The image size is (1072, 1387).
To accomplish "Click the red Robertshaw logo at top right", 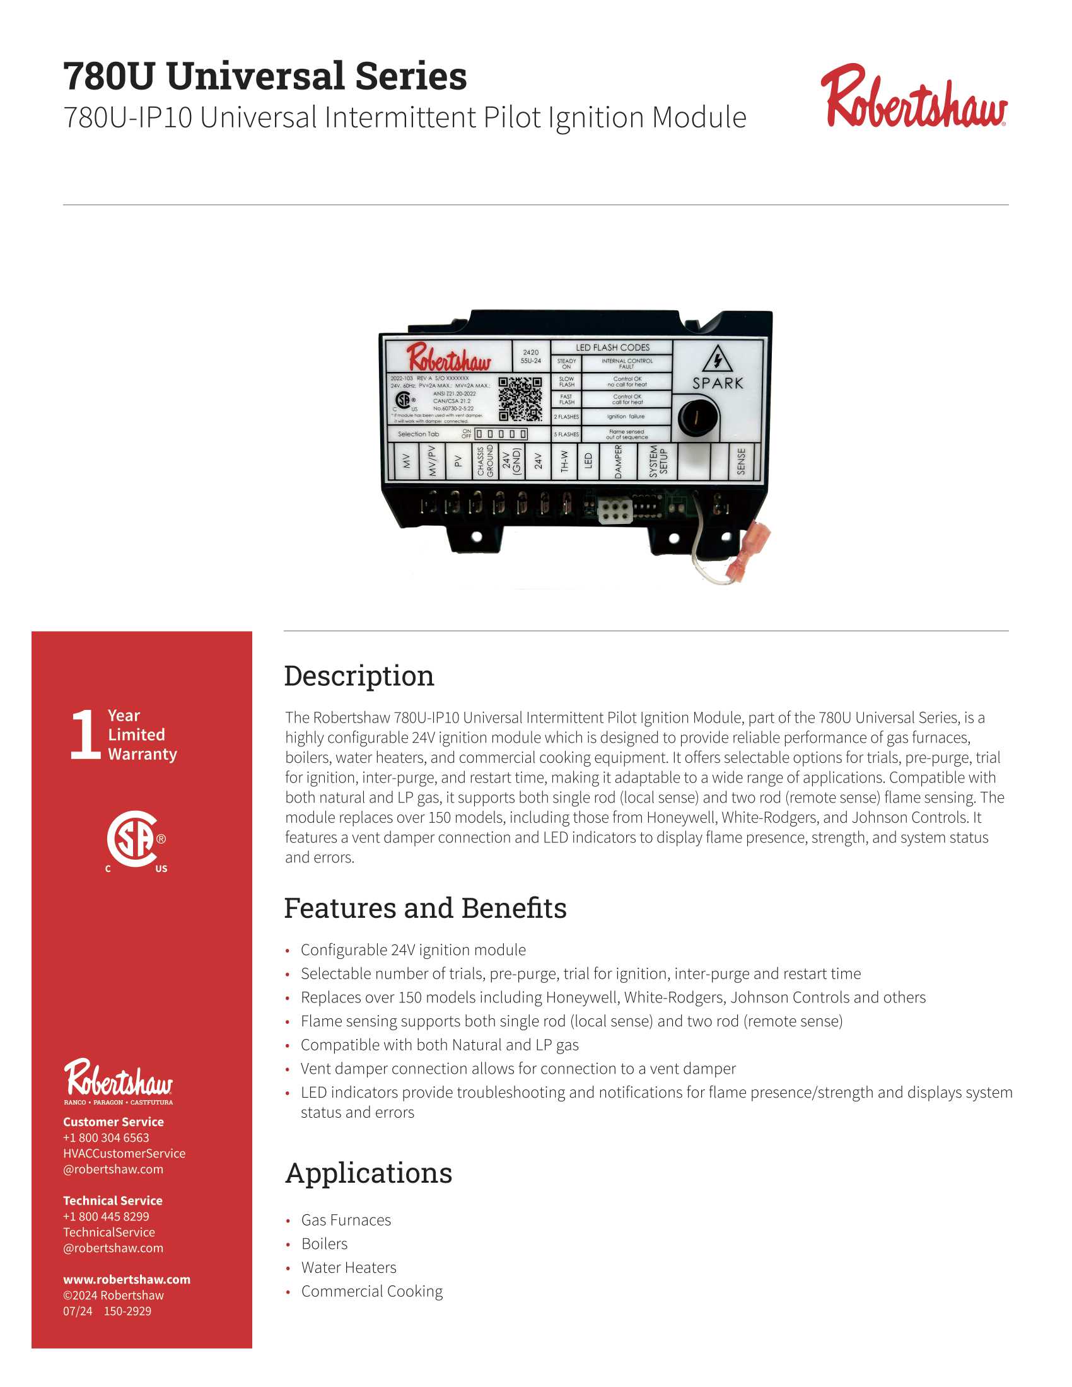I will click(912, 97).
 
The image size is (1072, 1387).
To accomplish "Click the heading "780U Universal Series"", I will click(265, 76).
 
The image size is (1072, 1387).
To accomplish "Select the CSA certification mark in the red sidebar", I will click(135, 840).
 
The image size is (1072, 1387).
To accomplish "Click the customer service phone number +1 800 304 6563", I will click(106, 1137).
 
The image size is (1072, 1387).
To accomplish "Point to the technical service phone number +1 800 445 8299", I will click(106, 1216).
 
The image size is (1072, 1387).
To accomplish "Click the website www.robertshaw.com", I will click(126, 1279).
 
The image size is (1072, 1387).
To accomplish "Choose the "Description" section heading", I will click(359, 676).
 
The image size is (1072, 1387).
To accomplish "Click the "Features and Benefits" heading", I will click(425, 908).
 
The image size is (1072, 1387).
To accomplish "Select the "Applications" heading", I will click(368, 1173).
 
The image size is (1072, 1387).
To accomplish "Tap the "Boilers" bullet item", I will click(324, 1243).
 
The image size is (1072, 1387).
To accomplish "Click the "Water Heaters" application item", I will click(349, 1268).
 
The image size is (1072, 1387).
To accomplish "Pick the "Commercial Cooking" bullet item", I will click(371, 1291).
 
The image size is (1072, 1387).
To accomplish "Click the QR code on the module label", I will click(520, 399).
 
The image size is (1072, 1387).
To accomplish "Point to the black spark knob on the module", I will click(697, 417).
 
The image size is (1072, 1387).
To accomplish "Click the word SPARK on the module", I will click(717, 383).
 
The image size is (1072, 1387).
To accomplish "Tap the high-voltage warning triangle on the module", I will click(717, 359).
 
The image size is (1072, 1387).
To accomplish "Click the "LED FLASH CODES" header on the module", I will click(612, 347).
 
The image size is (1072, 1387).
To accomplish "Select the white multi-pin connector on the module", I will click(614, 511).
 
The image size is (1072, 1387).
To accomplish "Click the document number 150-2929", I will click(127, 1311).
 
